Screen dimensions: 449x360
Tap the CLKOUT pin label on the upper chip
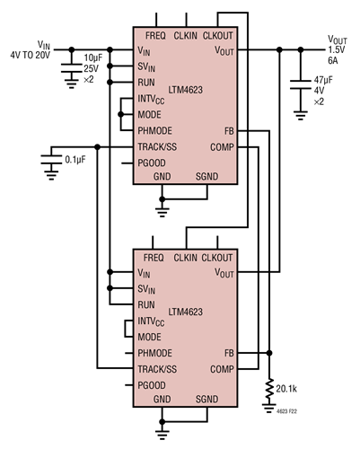219,36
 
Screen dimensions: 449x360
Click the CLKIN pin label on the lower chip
185,257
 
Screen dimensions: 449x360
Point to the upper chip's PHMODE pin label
155,131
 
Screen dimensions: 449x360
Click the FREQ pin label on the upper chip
154,36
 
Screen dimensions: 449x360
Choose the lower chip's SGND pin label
207,398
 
